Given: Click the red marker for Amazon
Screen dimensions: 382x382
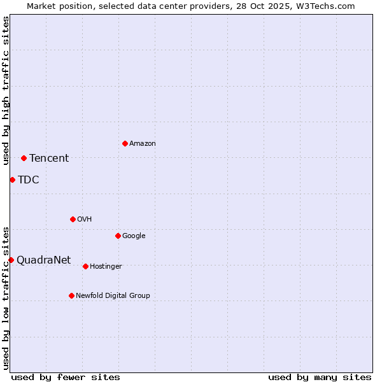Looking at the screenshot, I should pos(125,143).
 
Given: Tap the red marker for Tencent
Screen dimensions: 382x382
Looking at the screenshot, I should pos(24,158).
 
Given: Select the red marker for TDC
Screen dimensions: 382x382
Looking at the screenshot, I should pos(12,180).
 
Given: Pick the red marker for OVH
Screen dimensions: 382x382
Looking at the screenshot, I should pos(73,219).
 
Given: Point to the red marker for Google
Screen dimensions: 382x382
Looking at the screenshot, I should pos(118,236).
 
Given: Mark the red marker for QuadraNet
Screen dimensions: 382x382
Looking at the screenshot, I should pos(11,260).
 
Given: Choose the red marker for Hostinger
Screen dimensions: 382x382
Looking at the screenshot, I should pos(85,266).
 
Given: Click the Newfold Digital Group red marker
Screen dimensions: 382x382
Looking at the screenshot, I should pos(71,295).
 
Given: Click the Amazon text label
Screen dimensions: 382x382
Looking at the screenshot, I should pos(143,144).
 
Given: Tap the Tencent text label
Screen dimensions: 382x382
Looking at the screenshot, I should pos(49,159).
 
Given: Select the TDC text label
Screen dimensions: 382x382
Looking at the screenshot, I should pos(29,180).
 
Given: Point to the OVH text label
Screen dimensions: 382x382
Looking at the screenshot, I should pos(85,220).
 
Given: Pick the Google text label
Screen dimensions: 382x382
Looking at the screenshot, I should pos(134,236).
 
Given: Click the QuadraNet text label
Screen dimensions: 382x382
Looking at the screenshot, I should pos(44,260).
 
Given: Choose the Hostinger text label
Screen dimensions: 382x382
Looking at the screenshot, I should pos(106,267).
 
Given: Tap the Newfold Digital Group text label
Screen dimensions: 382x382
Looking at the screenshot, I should pos(113,296).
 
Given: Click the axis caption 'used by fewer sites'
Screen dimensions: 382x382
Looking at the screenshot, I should pos(66,377).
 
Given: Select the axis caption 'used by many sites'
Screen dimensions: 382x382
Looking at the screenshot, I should pos(320,377).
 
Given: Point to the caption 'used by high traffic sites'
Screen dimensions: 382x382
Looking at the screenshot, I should pos(6,90).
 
